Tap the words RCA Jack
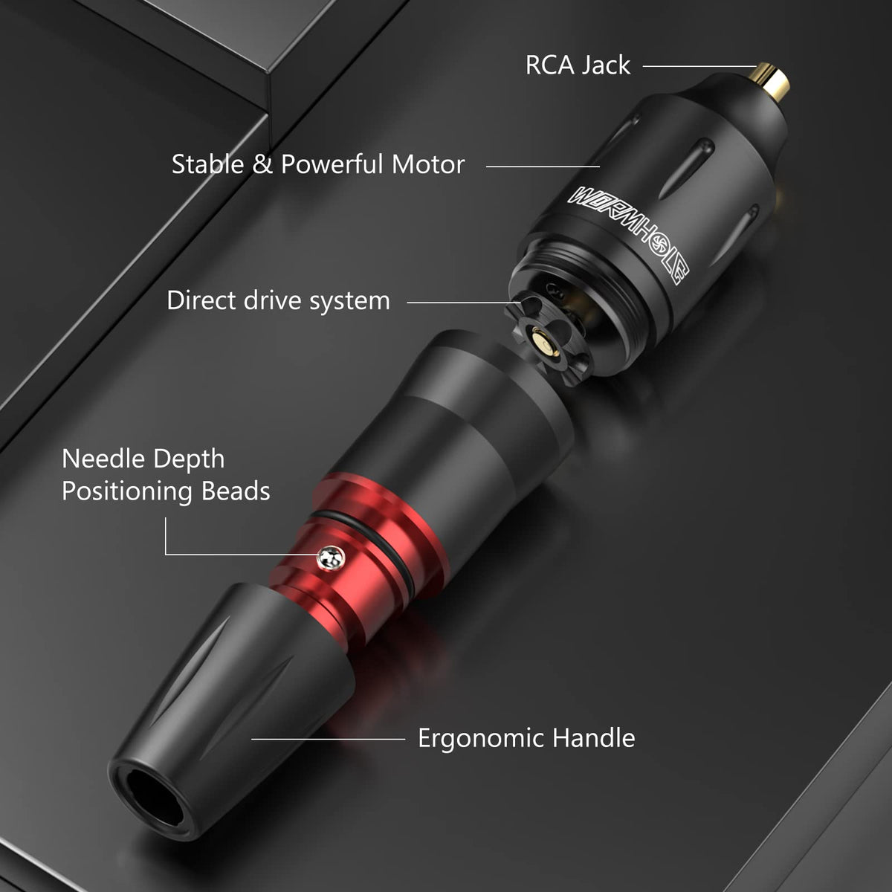578,65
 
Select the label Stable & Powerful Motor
318,164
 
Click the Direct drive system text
278,300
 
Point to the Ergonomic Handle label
526,738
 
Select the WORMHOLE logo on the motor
629,235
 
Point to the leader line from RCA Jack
699,66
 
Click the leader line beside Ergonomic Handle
329,739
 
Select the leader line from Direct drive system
464,303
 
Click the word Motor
427,164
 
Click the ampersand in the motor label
262,164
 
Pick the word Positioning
127,492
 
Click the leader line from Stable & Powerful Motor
543,167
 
